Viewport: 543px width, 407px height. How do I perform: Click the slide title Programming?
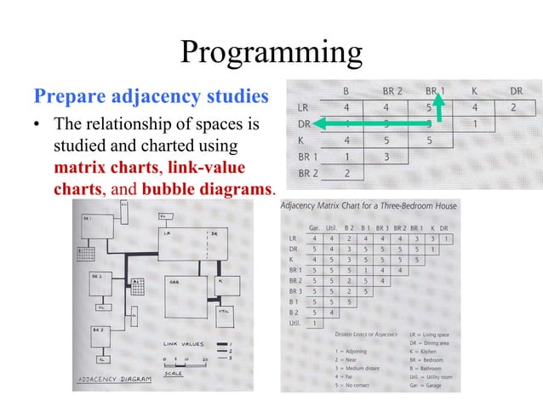pyautogui.click(x=271, y=53)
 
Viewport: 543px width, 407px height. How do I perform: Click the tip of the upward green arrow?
pyautogui.click(x=438, y=96)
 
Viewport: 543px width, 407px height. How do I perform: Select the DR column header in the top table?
pyautogui.click(x=516, y=89)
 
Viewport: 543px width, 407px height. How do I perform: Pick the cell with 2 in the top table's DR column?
pyautogui.click(x=513, y=108)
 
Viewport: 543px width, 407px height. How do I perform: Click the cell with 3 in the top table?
pyautogui.click(x=386, y=157)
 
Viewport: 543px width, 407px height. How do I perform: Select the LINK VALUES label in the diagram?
pyautogui.click(x=181, y=344)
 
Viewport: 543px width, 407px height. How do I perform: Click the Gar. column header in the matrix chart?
pyautogui.click(x=314, y=227)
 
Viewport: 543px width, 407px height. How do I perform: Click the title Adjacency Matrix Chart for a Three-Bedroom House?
pyautogui.click(x=369, y=206)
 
